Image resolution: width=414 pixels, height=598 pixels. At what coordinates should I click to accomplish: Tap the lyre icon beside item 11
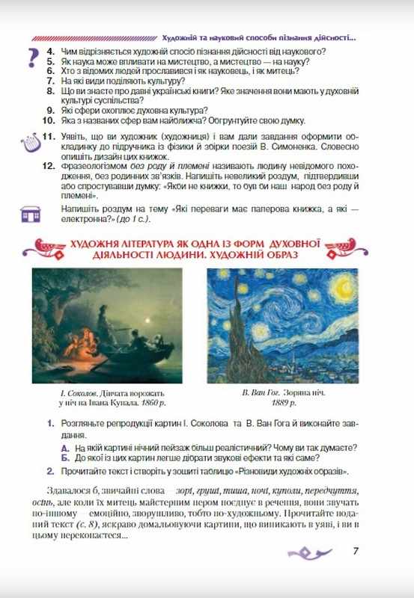pyautogui.click(x=28, y=142)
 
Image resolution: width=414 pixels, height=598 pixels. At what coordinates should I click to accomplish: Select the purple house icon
pyautogui.click(x=31, y=216)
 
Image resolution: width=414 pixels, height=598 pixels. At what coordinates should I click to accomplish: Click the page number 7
pyautogui.click(x=356, y=552)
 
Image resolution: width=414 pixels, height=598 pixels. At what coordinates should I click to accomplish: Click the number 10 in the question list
pyautogui.click(x=47, y=119)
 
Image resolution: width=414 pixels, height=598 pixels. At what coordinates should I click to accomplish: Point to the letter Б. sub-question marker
pyautogui.click(x=66, y=457)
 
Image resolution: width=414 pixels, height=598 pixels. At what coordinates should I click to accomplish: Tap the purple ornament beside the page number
pyautogui.click(x=312, y=552)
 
